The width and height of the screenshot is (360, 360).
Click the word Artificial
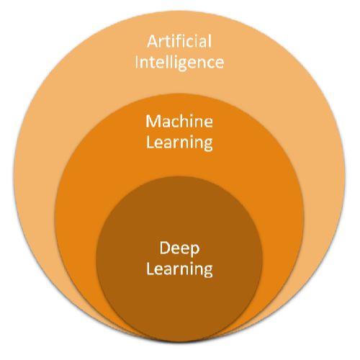[179, 41]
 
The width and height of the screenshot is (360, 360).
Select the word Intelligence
[180, 62]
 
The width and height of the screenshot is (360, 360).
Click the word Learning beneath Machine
[179, 142]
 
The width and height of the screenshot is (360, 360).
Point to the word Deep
[179, 248]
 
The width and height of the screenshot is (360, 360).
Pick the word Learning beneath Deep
[179, 270]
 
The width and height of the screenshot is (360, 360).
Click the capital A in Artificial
[151, 41]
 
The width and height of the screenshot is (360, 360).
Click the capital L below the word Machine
[150, 141]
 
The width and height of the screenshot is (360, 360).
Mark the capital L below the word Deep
[150, 269]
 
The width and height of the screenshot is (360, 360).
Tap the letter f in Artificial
[179, 40]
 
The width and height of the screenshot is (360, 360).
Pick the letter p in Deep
[195, 251]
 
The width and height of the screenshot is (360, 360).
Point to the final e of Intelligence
[219, 63]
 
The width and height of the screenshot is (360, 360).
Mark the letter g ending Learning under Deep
[208, 272]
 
